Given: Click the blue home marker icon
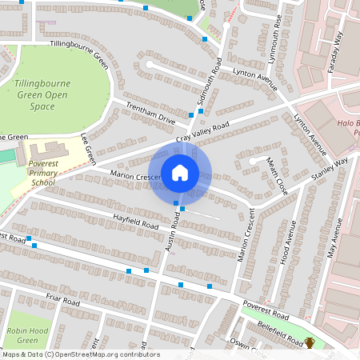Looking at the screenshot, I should [x=180, y=172].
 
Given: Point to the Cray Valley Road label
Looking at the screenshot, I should [x=202, y=134].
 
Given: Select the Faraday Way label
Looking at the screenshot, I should [x=335, y=52].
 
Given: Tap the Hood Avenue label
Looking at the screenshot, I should [x=286, y=254].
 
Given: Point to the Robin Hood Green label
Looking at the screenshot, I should [x=23, y=335].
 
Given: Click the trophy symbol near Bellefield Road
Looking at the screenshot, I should [x=310, y=343].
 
